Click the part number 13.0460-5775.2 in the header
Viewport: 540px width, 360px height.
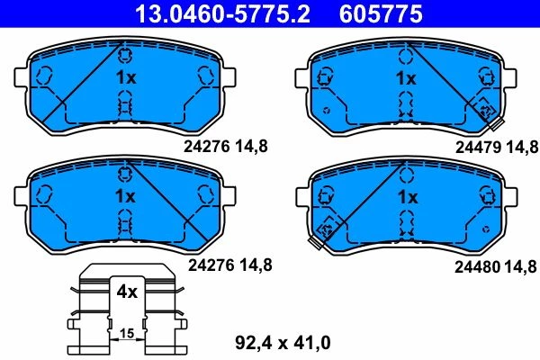click(222, 13)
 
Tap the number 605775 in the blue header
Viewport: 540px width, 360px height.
click(381, 13)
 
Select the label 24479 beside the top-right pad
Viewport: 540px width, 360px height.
click(478, 148)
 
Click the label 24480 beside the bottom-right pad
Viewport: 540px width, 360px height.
click(477, 266)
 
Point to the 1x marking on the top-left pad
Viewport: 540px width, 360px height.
click(126, 77)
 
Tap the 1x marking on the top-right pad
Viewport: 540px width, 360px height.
click(406, 78)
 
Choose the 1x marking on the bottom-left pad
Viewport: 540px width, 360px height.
click(125, 196)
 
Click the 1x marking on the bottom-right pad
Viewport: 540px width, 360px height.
click(408, 197)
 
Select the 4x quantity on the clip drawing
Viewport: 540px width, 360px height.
click(127, 292)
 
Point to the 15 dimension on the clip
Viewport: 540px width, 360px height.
click(127, 333)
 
